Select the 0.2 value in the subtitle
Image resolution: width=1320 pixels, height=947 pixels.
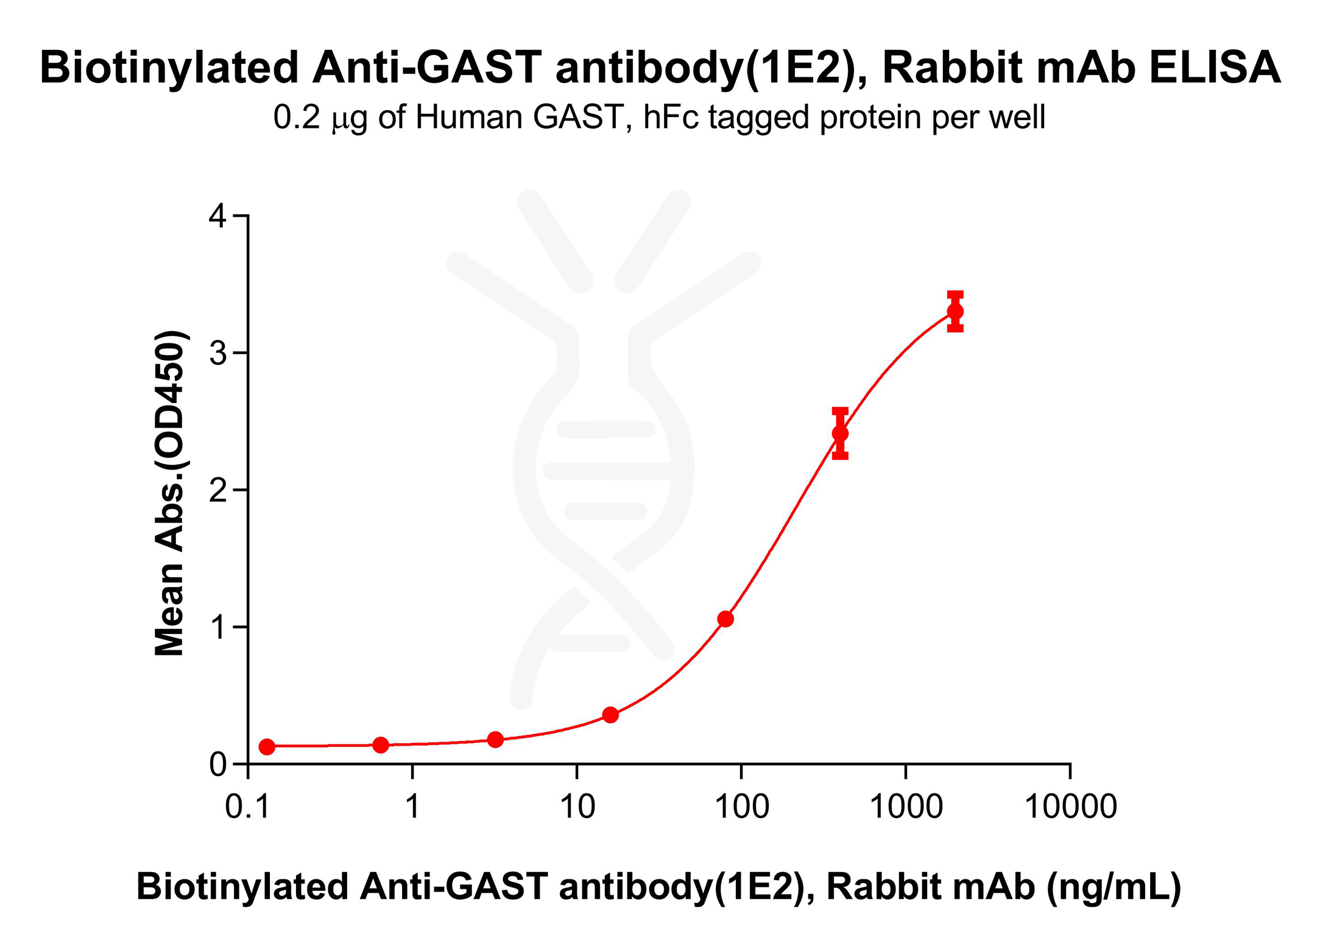pos(296,117)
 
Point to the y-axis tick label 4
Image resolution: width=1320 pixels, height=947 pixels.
pos(217,216)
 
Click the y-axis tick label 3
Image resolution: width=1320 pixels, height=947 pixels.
pos(217,353)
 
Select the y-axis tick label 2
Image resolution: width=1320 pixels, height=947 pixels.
pos(217,490)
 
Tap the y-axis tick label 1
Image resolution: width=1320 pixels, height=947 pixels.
pos(217,627)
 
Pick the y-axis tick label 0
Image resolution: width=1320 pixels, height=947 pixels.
pos(217,764)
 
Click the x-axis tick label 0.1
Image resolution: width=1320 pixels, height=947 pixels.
pos(247,807)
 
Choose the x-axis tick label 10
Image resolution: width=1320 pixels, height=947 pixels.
pos(577,807)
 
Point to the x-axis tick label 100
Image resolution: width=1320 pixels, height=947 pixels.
pos(741,807)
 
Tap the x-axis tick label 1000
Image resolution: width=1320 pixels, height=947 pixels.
pos(906,807)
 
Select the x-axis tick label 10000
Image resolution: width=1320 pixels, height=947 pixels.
pos(1070,807)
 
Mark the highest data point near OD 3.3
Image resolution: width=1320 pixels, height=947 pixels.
pos(955,312)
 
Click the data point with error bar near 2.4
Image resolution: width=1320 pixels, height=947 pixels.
pos(840,434)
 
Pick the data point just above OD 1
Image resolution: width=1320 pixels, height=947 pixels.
pos(725,619)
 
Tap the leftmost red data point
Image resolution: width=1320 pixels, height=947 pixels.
pos(267,747)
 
